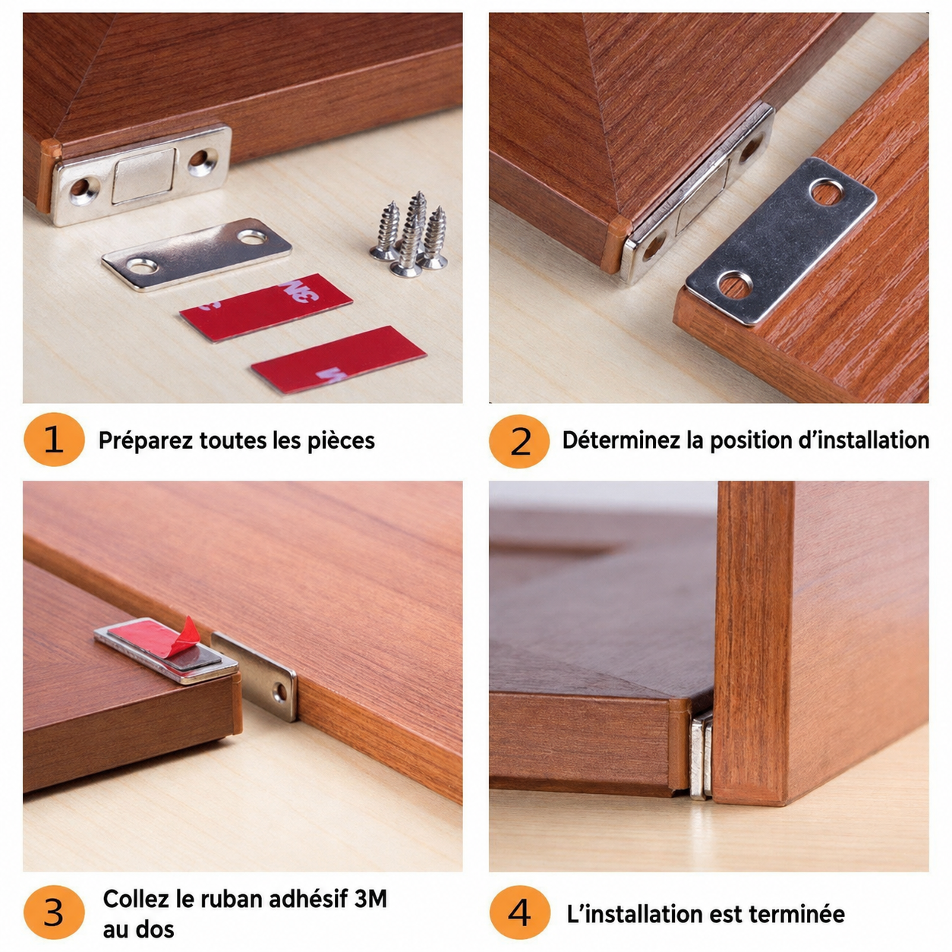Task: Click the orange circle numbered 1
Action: click(x=54, y=440)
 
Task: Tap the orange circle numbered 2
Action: click(x=519, y=441)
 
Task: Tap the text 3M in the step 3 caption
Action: click(x=370, y=899)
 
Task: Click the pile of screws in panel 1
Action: click(x=411, y=234)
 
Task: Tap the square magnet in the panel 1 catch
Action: click(x=143, y=176)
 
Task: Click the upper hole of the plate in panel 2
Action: click(x=826, y=192)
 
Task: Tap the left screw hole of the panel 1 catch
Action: click(x=83, y=191)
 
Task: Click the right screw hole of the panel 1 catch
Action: click(x=203, y=161)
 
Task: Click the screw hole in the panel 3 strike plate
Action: click(x=279, y=692)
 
